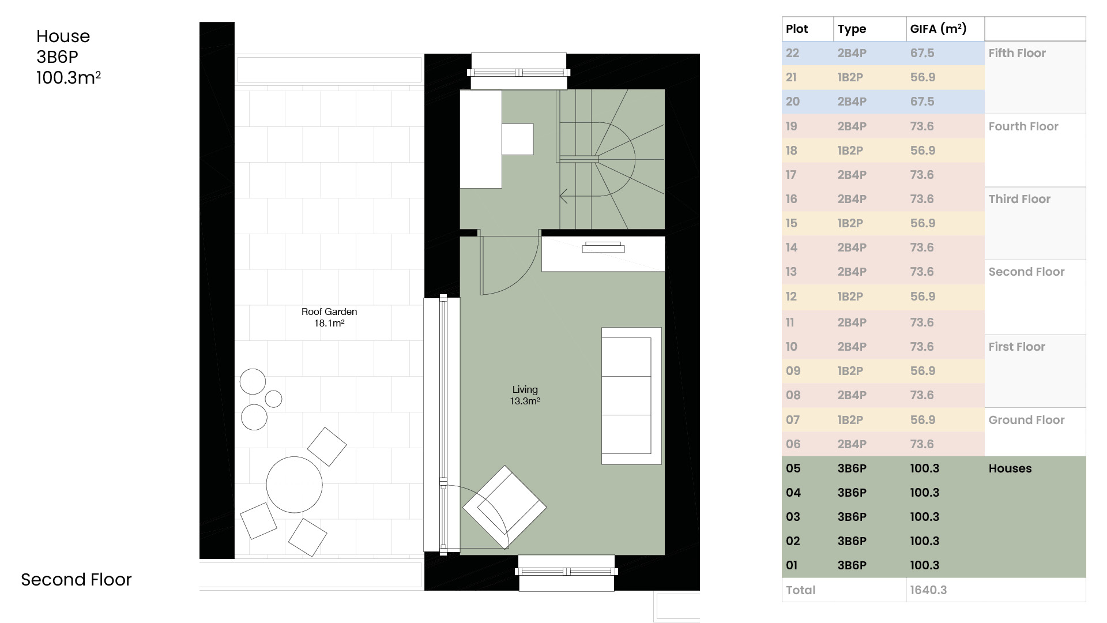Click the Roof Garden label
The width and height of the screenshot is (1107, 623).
pos(329,317)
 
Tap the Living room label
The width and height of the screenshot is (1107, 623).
pos(525,395)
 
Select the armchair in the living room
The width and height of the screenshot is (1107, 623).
pos(504,507)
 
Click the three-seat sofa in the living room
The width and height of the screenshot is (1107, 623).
pos(631,396)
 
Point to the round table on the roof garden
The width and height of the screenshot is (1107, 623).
pos(294,485)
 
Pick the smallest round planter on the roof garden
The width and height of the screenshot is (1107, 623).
pos(273,399)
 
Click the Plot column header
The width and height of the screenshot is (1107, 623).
pos(797,29)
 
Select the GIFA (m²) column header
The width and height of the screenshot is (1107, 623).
pos(938,29)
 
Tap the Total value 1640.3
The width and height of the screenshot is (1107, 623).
pos(928,590)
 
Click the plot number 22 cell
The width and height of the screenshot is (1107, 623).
pos(792,53)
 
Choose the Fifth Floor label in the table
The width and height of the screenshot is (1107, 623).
pos(1017,53)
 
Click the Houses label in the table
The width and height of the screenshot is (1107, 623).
pos(1010,468)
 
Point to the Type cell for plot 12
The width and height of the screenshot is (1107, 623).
pos(850,297)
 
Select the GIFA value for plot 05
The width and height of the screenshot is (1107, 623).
pos(925,468)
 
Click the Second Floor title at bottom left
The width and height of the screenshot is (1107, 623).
pos(76,579)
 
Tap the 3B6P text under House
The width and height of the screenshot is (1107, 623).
pos(57,57)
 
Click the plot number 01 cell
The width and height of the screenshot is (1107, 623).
pos(792,565)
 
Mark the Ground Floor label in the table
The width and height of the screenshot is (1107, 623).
pos(1026,420)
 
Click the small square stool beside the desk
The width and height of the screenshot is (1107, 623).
pos(517,139)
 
